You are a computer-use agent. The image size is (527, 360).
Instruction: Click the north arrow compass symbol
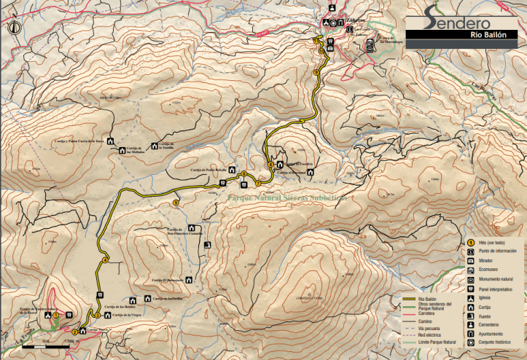pyautogui.click(x=14, y=28)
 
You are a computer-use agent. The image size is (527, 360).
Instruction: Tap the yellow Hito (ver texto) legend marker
pyautogui.click(x=472, y=242)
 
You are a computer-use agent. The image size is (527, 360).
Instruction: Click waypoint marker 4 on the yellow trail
pyautogui.click(x=106, y=260)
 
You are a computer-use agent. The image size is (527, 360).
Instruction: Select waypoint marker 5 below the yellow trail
pyautogui.click(x=176, y=202)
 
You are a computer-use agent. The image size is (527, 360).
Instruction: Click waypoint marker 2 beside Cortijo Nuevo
pyautogui.click(x=74, y=332)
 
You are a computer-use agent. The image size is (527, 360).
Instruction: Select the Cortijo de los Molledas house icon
pyautogui.click(x=120, y=151)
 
